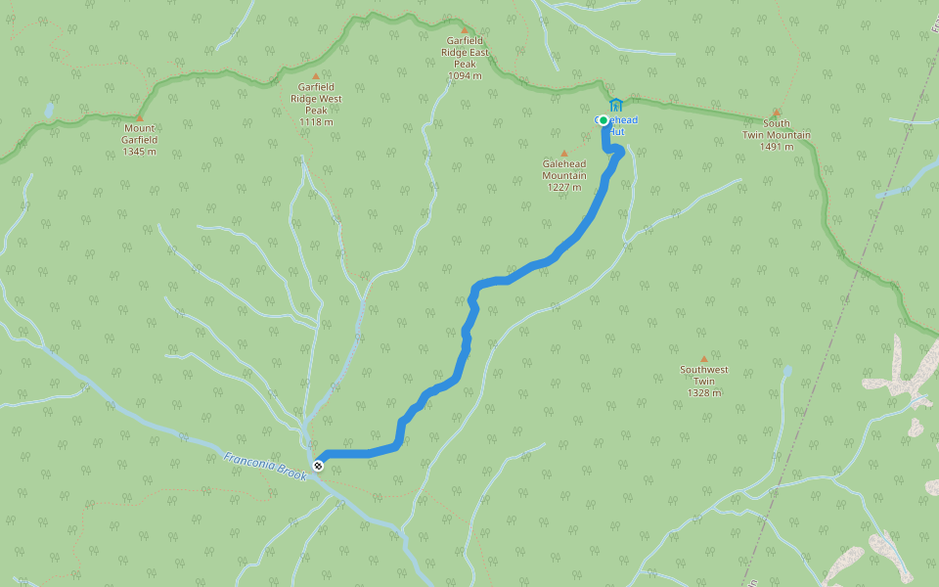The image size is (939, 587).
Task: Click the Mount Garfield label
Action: (x=140, y=134)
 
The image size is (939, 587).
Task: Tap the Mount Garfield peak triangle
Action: (x=139, y=117)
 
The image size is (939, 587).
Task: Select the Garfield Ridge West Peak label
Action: (x=315, y=98)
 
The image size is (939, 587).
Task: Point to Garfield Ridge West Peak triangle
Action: (x=315, y=76)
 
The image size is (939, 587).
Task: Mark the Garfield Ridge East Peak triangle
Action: (x=465, y=29)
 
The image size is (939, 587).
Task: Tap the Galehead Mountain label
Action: (x=564, y=169)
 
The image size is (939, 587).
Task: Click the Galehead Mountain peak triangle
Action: (x=564, y=153)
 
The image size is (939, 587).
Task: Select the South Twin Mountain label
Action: (x=777, y=129)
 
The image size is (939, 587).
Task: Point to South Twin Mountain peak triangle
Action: (x=777, y=113)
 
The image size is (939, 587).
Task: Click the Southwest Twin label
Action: (x=704, y=376)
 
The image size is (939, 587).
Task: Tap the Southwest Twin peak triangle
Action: (x=704, y=359)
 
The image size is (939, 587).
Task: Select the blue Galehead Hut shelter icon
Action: (x=615, y=105)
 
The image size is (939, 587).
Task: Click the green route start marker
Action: (x=604, y=120)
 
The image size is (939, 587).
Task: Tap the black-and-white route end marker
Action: (x=318, y=465)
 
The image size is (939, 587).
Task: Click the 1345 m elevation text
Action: (x=140, y=152)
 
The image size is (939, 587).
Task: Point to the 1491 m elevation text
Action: (x=777, y=147)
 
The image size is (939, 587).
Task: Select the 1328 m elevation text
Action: (x=704, y=392)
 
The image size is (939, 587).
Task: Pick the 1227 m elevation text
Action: (x=564, y=187)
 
